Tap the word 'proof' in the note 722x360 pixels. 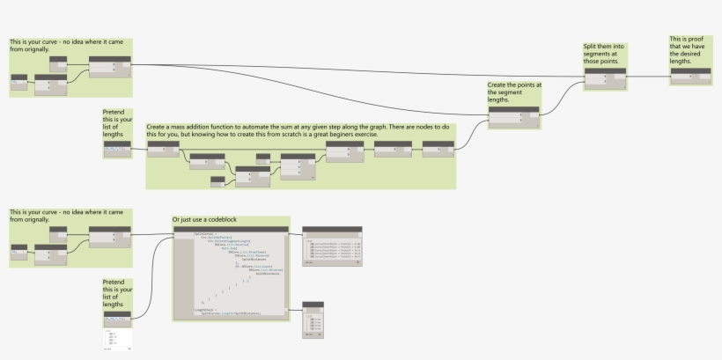click(x=691, y=39)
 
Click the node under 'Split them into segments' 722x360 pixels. click(x=607, y=77)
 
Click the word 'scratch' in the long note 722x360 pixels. click(x=287, y=135)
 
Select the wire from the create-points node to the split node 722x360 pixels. click(x=564, y=97)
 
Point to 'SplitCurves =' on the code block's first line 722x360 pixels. click(x=203, y=233)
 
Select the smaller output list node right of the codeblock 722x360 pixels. click(x=313, y=320)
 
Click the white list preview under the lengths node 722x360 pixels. click(x=116, y=340)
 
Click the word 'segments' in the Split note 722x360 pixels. click(x=600, y=55)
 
